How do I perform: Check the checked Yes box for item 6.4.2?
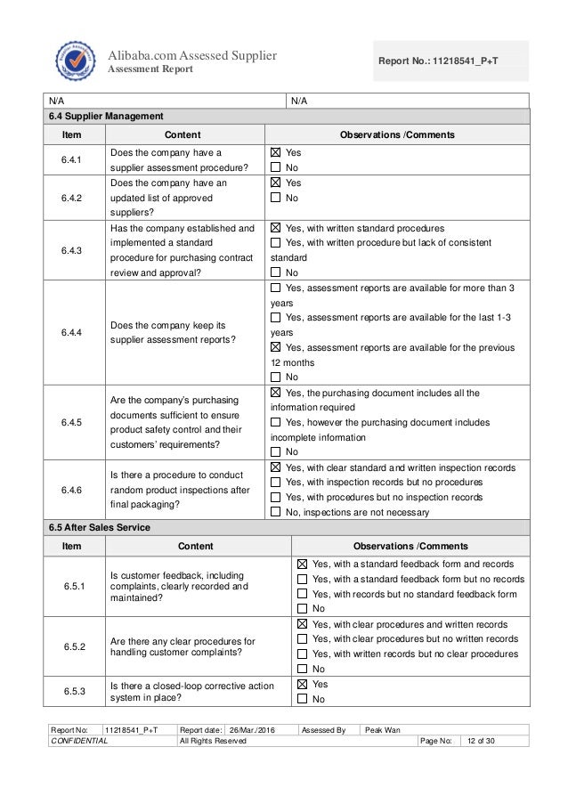point(275,183)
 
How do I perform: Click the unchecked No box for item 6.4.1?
point(275,166)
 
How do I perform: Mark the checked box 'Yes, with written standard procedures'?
point(275,228)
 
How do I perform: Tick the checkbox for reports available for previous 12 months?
point(275,347)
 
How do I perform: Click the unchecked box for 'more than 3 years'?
point(275,288)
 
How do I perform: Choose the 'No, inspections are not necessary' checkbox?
point(275,512)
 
